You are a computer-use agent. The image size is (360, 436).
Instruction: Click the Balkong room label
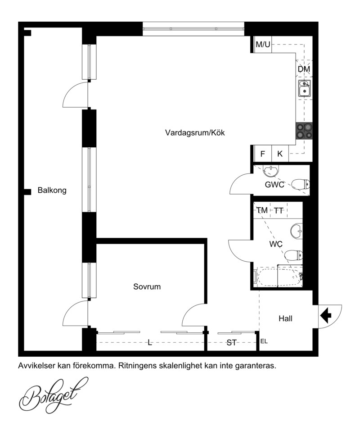pyautogui.click(x=52, y=191)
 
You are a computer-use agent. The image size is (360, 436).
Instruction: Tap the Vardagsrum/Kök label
pyautogui.click(x=195, y=132)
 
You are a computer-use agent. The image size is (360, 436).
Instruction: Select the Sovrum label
pyautogui.click(x=147, y=286)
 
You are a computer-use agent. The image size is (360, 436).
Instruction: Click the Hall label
pyautogui.click(x=285, y=318)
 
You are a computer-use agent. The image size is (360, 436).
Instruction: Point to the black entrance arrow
pyautogui.click(x=326, y=315)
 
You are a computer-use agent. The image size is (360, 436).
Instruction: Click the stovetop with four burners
pyautogui.click(x=304, y=131)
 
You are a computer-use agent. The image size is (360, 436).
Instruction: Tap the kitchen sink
pyautogui.click(x=305, y=88)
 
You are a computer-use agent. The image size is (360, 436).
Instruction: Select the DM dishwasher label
pyautogui.click(x=304, y=69)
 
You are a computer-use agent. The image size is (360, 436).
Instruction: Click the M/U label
pyautogui.click(x=263, y=44)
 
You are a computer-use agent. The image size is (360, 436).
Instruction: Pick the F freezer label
pyautogui.click(x=262, y=154)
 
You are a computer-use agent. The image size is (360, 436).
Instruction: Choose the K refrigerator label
pyautogui.click(x=280, y=154)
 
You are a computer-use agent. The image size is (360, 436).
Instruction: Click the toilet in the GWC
pyautogui.click(x=301, y=184)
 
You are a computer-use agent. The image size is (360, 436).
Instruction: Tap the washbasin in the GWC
pyautogui.click(x=270, y=171)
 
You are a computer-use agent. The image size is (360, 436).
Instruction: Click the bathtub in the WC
pyautogui.click(x=279, y=277)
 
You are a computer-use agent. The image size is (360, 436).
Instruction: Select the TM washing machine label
pyautogui.click(x=262, y=210)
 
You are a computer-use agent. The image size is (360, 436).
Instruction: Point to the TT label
pyautogui.click(x=279, y=211)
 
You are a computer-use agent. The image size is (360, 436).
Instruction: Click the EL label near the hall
pyautogui.click(x=264, y=341)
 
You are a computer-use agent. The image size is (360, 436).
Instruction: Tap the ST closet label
pyautogui.click(x=231, y=343)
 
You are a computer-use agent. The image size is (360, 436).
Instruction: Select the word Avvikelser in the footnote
pyautogui.click(x=36, y=366)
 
